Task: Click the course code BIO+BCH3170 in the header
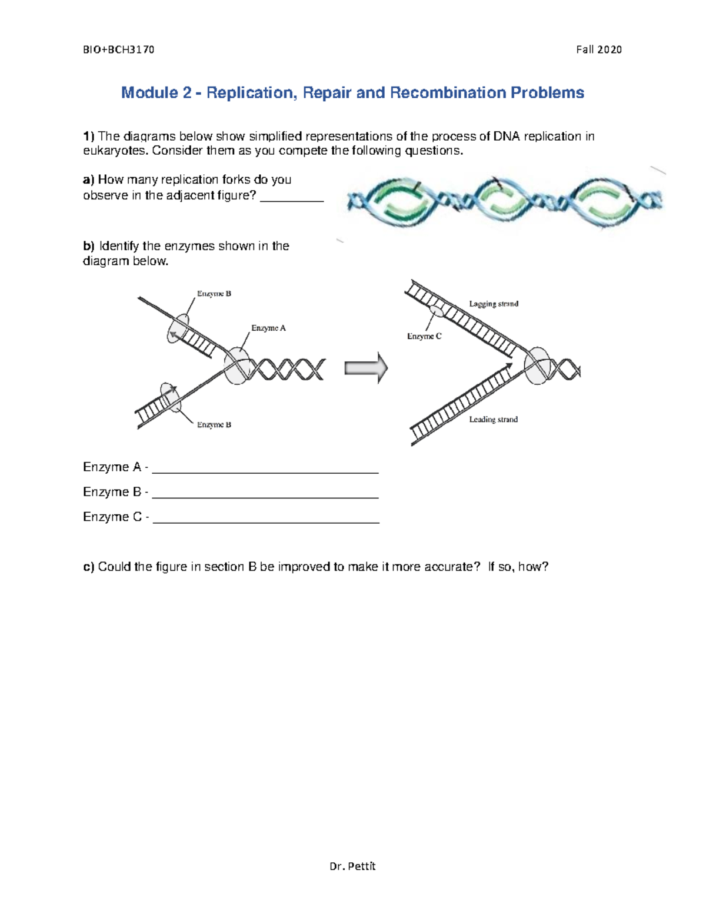(118, 49)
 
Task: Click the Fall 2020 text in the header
(599, 49)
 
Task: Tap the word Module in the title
(149, 93)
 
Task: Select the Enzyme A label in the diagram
(268, 328)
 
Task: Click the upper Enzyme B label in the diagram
(214, 293)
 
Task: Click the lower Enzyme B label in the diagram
(214, 424)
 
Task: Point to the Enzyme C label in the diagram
(424, 336)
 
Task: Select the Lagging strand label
(494, 304)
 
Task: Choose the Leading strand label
(493, 419)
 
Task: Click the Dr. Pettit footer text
(352, 866)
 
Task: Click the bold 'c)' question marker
(89, 567)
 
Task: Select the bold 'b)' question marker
(89, 246)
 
